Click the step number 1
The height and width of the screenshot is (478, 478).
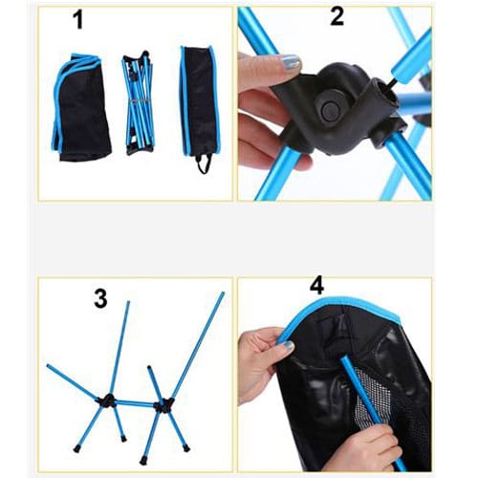(x=78, y=19)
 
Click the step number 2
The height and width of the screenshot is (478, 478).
(x=337, y=16)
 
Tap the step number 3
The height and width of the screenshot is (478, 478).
(x=100, y=299)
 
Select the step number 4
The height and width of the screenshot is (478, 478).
(x=316, y=285)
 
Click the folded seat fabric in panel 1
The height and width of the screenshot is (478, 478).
(x=81, y=107)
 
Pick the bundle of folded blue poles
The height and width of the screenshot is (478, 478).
(x=139, y=102)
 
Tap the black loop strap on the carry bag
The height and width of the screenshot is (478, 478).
(x=205, y=163)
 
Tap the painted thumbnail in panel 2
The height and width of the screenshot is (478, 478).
(x=290, y=62)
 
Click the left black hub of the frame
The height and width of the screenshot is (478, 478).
(x=108, y=401)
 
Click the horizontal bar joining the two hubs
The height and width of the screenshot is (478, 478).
(x=135, y=403)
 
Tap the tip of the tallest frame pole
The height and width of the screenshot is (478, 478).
(x=223, y=293)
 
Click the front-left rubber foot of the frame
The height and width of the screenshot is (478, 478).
(x=76, y=449)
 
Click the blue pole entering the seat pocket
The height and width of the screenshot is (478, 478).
(x=372, y=411)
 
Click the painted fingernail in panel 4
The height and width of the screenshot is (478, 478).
(x=289, y=346)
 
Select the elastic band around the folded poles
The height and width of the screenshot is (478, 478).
(x=138, y=101)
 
